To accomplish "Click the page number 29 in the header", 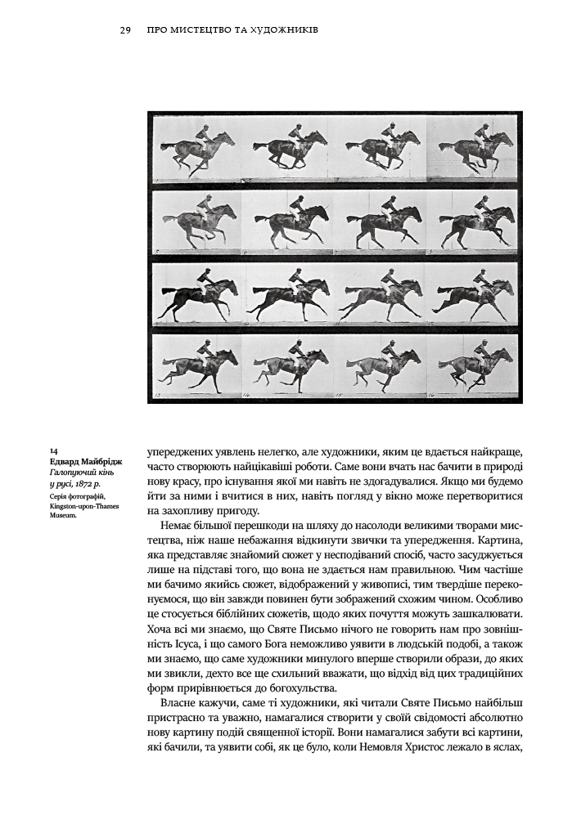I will [125, 30].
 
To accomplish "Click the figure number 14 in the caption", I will [53, 450].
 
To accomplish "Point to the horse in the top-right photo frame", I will [475, 150].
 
